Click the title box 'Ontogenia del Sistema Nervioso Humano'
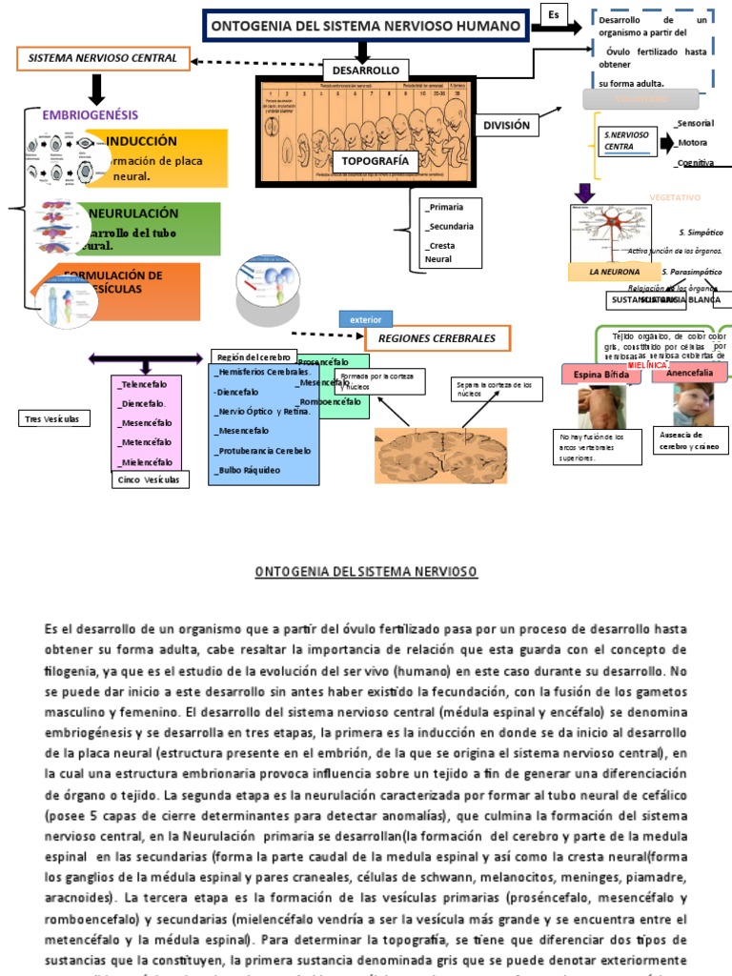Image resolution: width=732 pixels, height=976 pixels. [366, 27]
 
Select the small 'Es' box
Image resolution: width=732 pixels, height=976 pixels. [554, 14]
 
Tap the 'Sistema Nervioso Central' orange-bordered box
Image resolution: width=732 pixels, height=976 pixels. [102, 58]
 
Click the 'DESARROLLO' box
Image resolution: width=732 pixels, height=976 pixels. [366, 71]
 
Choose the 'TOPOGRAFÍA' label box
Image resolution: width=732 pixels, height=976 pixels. [375, 160]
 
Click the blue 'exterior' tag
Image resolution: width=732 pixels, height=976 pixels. [365, 319]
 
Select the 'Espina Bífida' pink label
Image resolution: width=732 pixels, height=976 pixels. [600, 375]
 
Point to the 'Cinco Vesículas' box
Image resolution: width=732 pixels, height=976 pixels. [150, 479]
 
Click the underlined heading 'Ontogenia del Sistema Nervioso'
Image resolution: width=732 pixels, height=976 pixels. [365, 572]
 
